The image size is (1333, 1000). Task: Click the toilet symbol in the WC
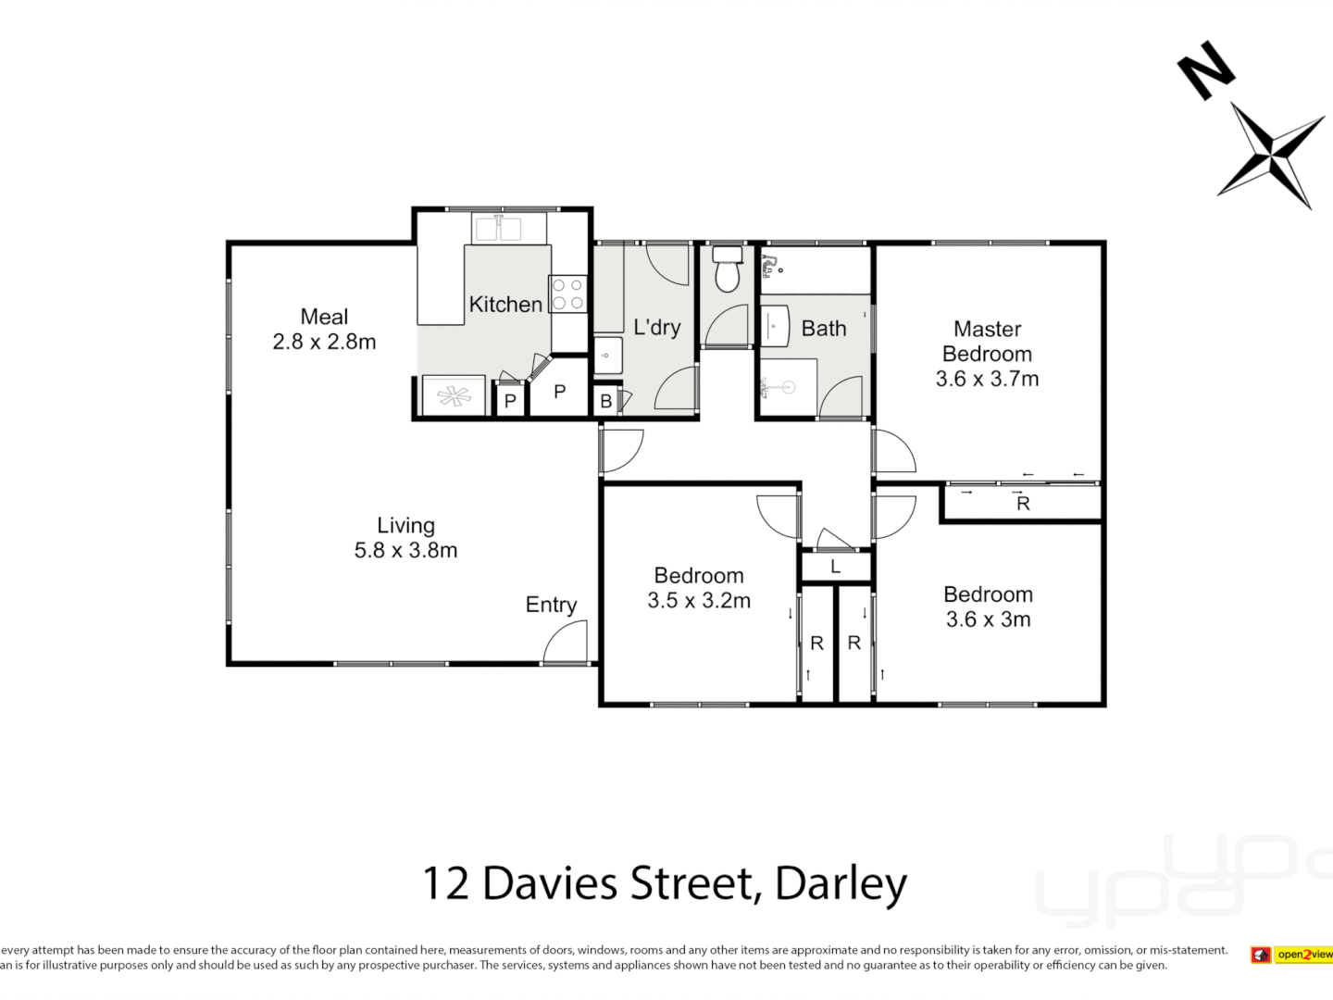[728, 269]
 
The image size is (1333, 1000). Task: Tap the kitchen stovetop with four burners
[567, 294]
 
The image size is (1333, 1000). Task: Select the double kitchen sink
[497, 227]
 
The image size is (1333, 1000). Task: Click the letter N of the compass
[1205, 69]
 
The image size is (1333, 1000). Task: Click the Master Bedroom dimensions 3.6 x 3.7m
[987, 379]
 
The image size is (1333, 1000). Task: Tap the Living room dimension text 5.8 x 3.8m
[405, 550]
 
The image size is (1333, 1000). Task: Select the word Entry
[551, 605]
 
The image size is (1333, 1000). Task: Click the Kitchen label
[505, 304]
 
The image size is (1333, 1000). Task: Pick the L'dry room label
[656, 327]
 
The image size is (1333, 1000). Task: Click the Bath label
[824, 329]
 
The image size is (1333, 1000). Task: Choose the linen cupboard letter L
[835, 567]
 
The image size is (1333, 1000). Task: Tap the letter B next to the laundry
[605, 402]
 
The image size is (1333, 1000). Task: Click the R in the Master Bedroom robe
[1023, 504]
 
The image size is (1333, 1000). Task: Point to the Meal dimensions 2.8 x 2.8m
[324, 342]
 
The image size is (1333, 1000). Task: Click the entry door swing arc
[566, 641]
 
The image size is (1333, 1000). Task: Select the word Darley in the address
[841, 883]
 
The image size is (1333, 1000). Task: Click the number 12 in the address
[445, 883]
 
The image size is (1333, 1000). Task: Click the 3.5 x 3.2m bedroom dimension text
[699, 601]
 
